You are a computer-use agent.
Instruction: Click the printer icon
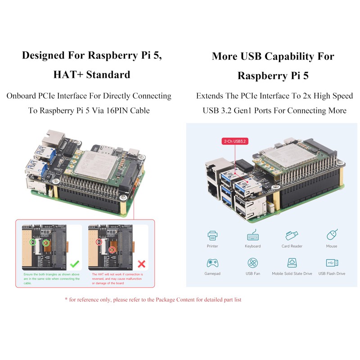pos(212,235)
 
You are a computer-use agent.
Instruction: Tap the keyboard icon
pos(252,235)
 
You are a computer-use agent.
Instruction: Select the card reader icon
pos(292,235)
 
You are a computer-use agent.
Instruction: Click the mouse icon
pos(332,235)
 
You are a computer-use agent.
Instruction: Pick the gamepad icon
pos(212,263)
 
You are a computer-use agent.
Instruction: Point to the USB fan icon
pos(252,263)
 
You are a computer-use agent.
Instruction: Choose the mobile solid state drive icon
pos(292,263)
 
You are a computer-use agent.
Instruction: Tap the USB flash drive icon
pos(332,263)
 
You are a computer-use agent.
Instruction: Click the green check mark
pos(75,263)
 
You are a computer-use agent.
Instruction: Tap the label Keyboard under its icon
pos(252,246)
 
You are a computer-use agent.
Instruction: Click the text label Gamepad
pos(212,274)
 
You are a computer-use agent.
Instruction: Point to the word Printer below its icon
pos(212,246)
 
